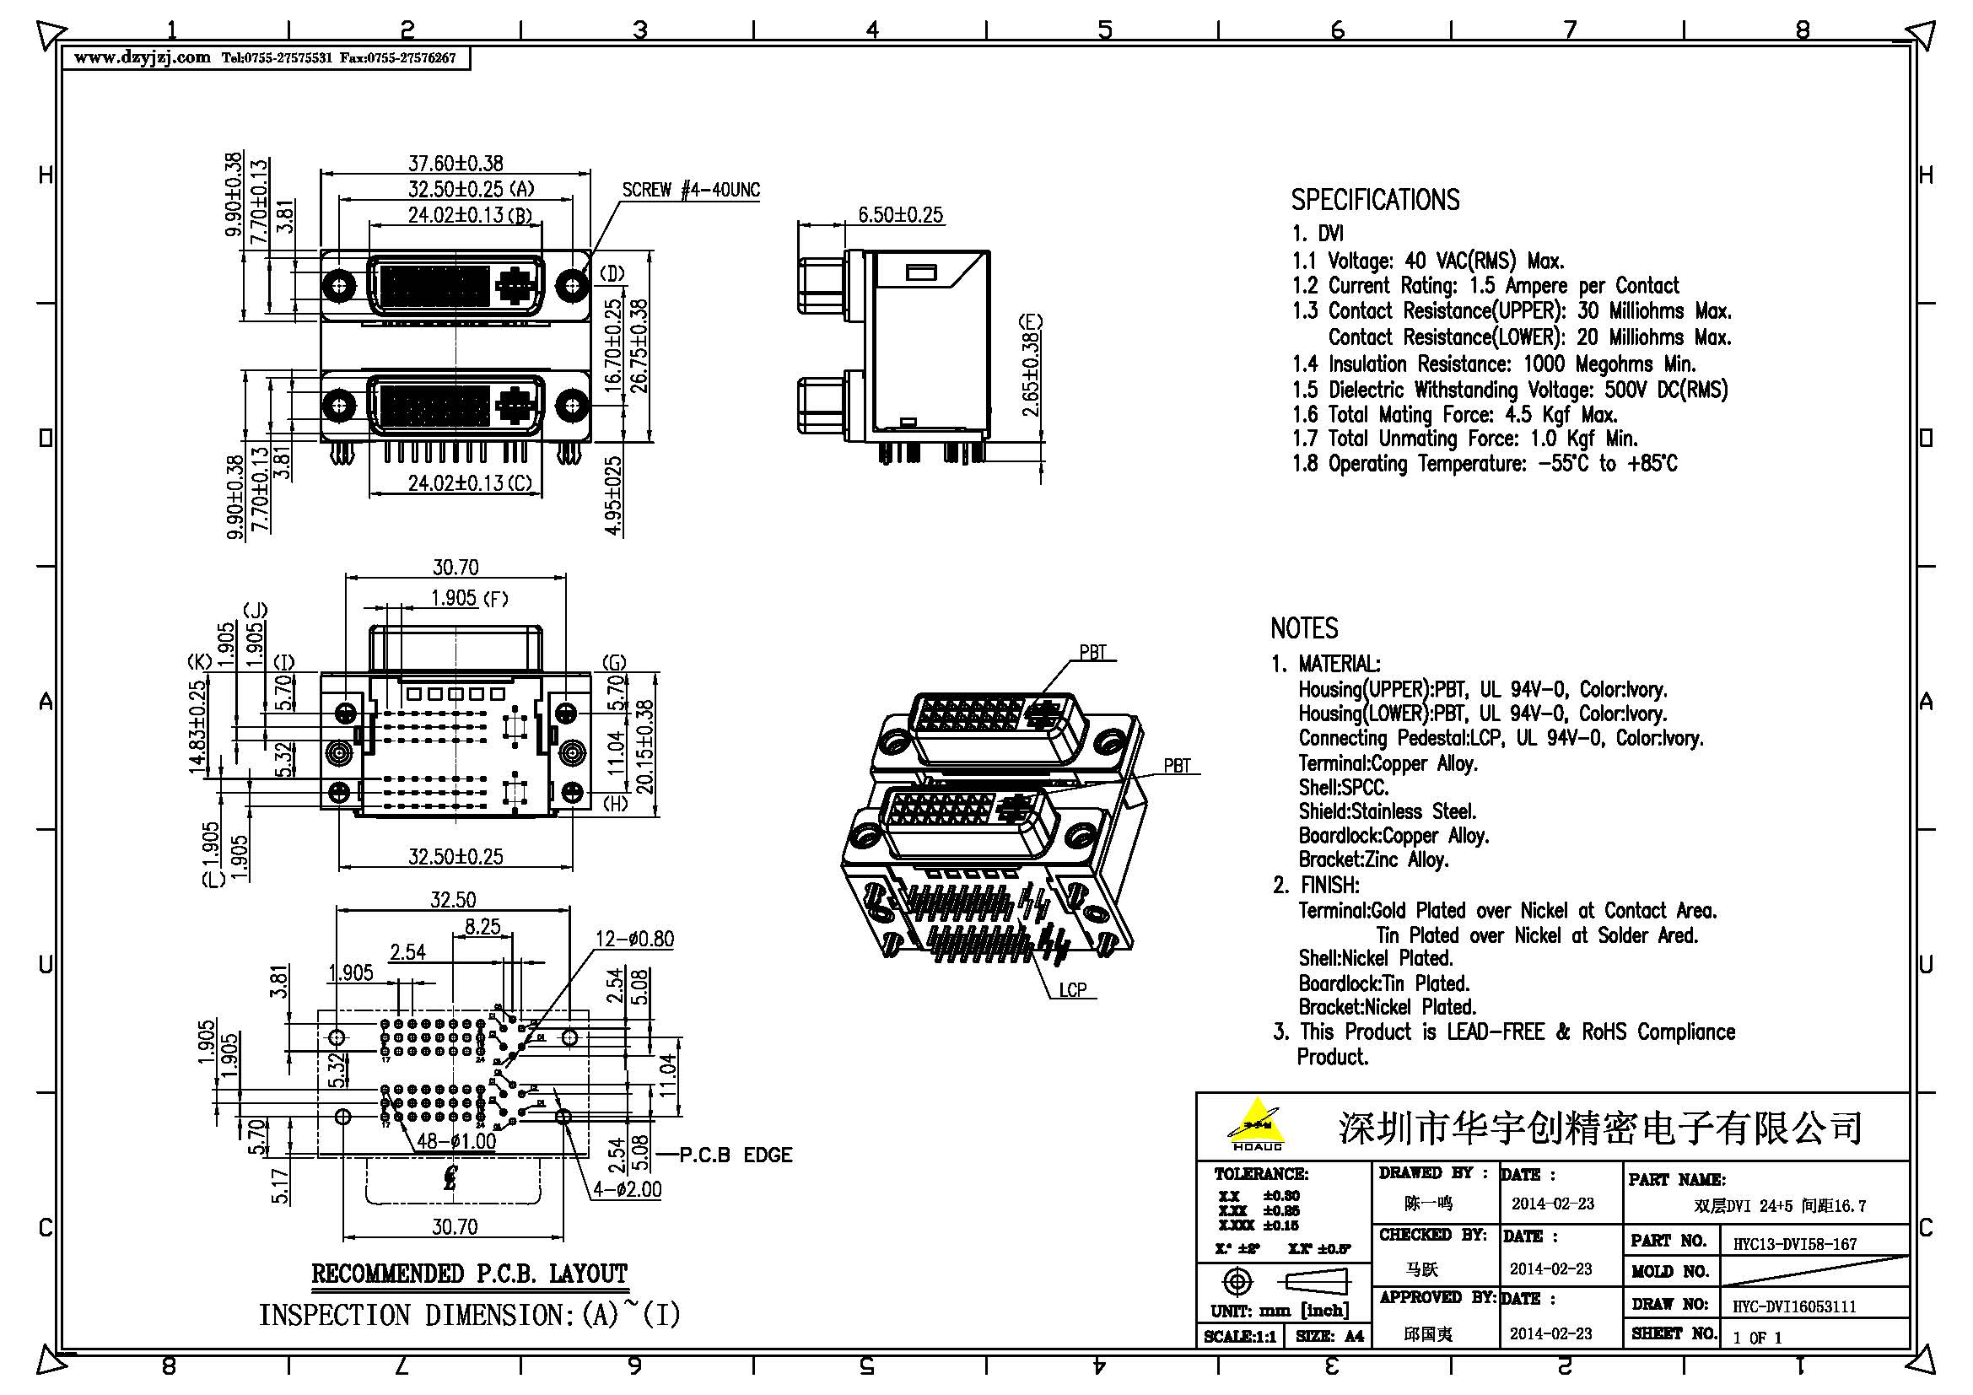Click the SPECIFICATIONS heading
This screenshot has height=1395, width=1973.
pyautogui.click(x=1375, y=200)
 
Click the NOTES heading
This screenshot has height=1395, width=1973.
pyautogui.click(x=1303, y=629)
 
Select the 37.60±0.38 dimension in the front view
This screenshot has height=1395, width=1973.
pyautogui.click(x=455, y=162)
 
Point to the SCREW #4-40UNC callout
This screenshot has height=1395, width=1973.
pyautogui.click(x=690, y=190)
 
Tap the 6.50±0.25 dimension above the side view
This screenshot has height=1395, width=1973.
pyautogui.click(x=900, y=215)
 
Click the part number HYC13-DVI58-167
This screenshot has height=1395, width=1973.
pyautogui.click(x=1794, y=1244)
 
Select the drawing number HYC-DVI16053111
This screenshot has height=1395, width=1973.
pyautogui.click(x=1793, y=1306)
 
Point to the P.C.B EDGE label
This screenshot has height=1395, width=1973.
pyautogui.click(x=736, y=1155)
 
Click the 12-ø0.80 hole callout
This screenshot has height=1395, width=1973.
pyautogui.click(x=635, y=939)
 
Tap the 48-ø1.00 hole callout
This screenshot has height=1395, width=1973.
pyautogui.click(x=456, y=1142)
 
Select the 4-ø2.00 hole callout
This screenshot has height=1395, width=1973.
pyautogui.click(x=627, y=1190)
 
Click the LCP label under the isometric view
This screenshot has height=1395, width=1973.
pyautogui.click(x=1072, y=990)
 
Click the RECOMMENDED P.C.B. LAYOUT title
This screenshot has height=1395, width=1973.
pyautogui.click(x=469, y=1274)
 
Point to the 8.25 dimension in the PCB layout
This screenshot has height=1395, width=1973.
pyautogui.click(x=482, y=927)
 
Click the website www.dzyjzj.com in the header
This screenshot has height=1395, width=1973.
pyautogui.click(x=142, y=57)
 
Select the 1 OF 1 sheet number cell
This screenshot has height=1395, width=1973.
pyautogui.click(x=1756, y=1338)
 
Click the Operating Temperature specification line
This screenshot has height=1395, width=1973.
pyautogui.click(x=1484, y=465)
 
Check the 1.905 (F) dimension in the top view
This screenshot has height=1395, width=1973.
pyautogui.click(x=468, y=598)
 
